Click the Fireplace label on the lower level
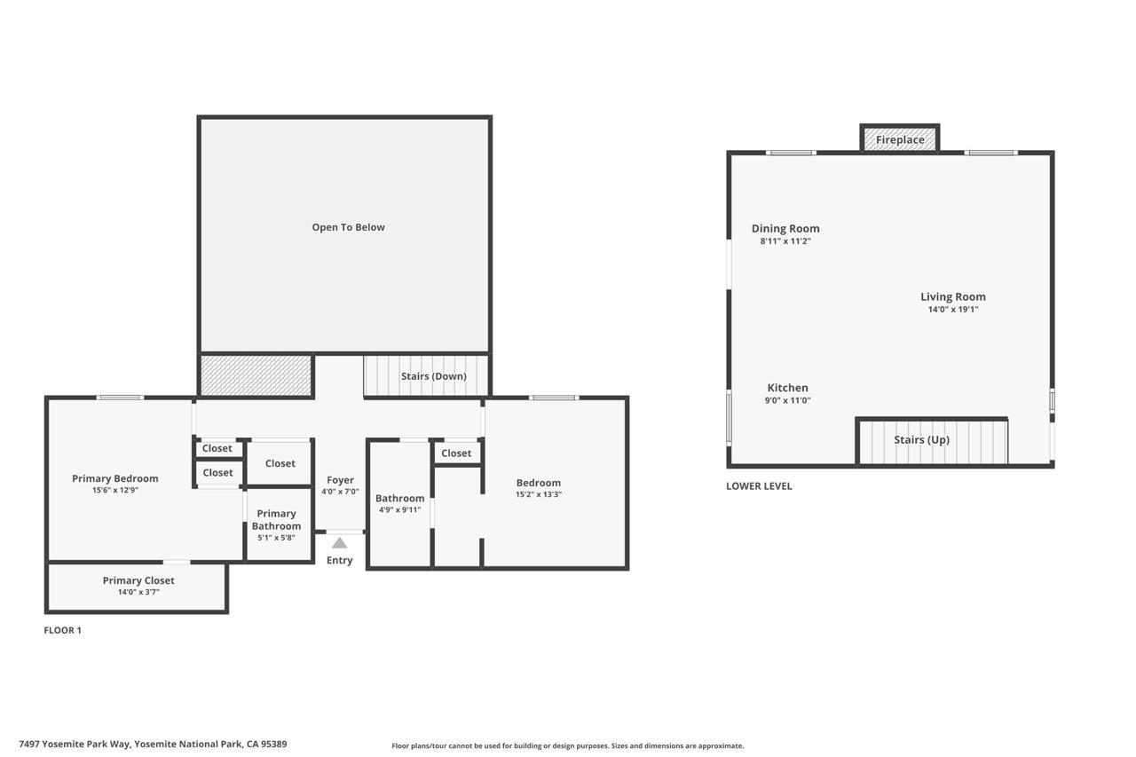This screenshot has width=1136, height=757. tap(900, 139)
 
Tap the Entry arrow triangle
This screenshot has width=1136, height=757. tap(339, 543)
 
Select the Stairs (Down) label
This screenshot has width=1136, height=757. tap(433, 376)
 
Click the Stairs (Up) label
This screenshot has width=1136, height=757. tap(921, 440)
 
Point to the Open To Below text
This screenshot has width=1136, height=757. tap(348, 227)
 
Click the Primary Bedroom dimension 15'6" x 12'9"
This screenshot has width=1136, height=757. tap(115, 491)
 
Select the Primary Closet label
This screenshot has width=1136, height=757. tap(138, 580)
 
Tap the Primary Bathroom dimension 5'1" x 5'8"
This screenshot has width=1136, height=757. tap(276, 538)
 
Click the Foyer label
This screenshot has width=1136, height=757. tap(340, 480)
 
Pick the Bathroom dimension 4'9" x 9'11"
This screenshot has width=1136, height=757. tap(399, 510)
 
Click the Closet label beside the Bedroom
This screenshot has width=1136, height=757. tap(456, 453)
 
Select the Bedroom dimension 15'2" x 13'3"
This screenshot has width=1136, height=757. tap(538, 495)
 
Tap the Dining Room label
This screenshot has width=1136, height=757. tap(785, 229)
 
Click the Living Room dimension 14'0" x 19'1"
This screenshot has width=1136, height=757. tap(952, 310)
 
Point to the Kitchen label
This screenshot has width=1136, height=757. tap(787, 388)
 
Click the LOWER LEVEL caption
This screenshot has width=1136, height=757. tap(759, 486)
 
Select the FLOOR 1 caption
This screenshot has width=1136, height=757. tap(62, 631)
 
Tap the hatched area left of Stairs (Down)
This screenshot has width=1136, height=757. tap(256, 375)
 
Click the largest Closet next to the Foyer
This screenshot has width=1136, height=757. tap(280, 463)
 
